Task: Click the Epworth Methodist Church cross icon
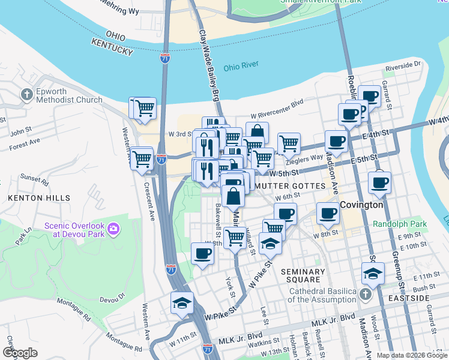[26, 94]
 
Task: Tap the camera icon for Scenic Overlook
[113, 229]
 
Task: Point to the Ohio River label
[241, 67]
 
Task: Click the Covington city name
[361, 205]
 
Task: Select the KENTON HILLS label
[39, 197]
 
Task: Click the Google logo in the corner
[20, 352]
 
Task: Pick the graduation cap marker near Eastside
[373, 273]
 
